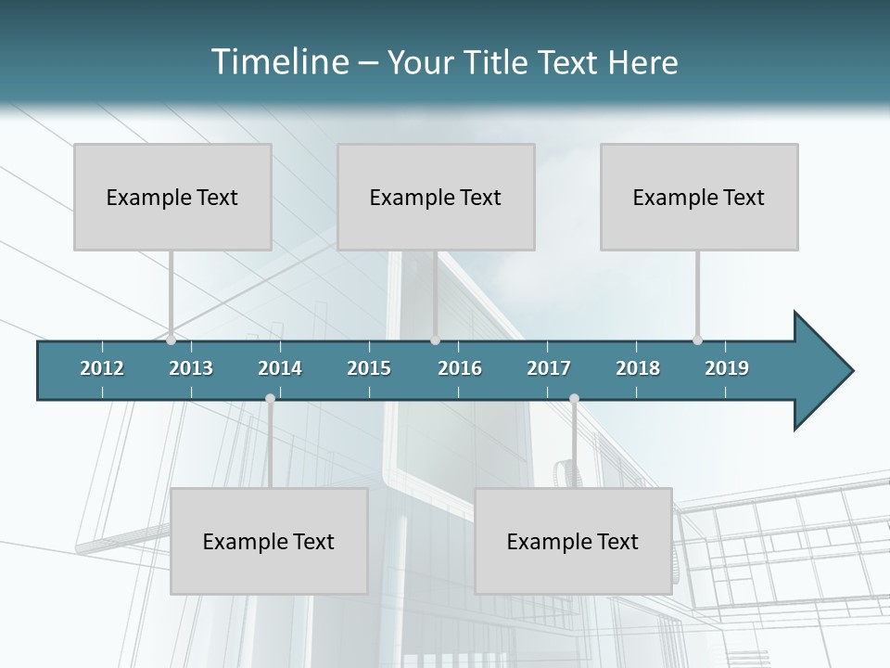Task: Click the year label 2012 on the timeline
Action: coord(102,368)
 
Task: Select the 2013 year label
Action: coord(191,368)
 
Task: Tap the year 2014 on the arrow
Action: coord(280,368)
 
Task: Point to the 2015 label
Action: coord(369,368)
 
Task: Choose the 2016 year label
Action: coord(460,368)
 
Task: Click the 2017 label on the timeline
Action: coord(549,368)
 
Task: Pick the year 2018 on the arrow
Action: coord(638,368)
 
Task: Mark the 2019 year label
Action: coord(727,368)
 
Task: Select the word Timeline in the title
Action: coord(277,62)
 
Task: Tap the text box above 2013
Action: coord(172,197)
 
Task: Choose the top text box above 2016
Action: coord(436,197)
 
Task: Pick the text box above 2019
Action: coord(699,197)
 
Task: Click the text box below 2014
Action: coord(269,541)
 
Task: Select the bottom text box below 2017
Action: coord(573,541)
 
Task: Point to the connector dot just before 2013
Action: coord(171,340)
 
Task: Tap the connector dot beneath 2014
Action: coord(270,399)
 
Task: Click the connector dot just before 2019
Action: coord(697,340)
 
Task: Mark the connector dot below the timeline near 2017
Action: coord(574,399)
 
